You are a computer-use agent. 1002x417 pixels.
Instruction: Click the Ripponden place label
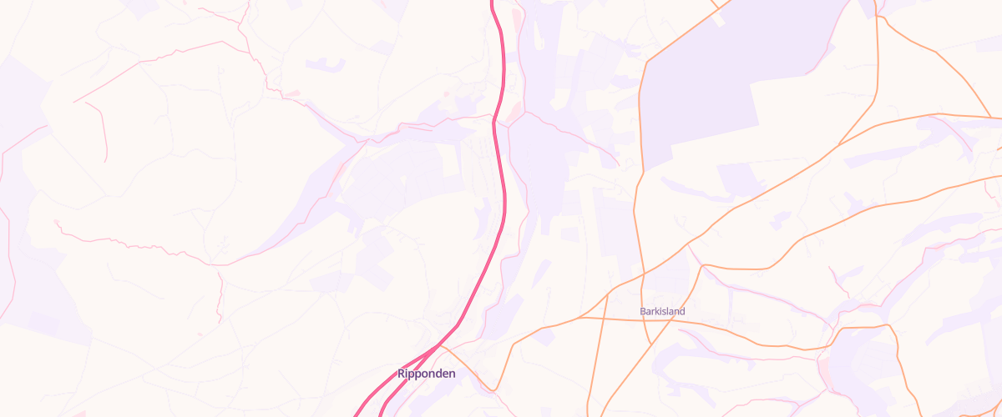427,374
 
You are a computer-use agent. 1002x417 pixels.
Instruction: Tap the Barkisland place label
662,312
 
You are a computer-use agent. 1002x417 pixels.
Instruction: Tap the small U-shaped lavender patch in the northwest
325,63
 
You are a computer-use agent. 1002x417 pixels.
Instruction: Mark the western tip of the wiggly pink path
55,221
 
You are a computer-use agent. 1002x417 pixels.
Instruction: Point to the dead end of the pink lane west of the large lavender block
617,165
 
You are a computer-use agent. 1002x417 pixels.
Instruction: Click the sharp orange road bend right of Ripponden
495,389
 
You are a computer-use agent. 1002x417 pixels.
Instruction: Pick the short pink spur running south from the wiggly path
221,292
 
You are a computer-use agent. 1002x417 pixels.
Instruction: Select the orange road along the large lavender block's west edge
640,125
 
